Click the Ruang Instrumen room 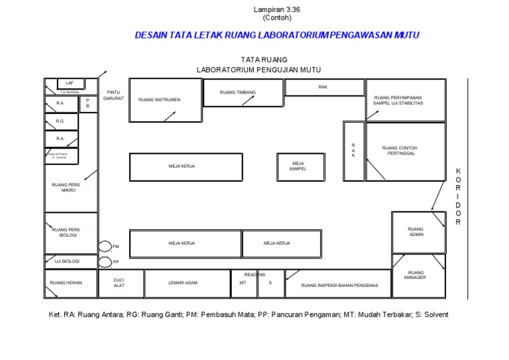[165, 100]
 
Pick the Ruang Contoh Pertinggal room [405, 152]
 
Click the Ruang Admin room [418, 232]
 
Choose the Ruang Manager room [418, 275]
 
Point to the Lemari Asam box [188, 284]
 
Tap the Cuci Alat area [120, 283]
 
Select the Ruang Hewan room [70, 284]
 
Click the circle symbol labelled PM [105, 247]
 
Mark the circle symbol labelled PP [105, 263]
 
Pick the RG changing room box [61, 121]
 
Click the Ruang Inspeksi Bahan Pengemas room [339, 284]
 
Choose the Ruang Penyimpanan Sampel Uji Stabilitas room [405, 100]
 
